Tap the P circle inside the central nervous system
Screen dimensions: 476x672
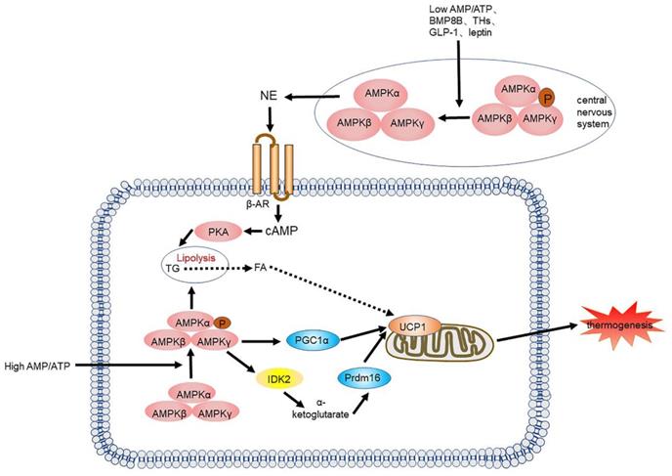(x=546, y=99)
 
